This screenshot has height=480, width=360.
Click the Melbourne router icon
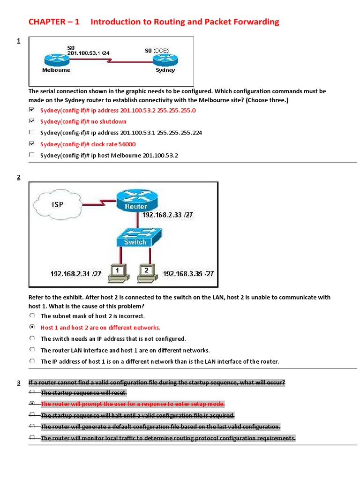point(56,60)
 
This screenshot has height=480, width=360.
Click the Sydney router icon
point(165,60)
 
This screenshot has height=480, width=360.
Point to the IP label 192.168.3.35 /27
point(188,274)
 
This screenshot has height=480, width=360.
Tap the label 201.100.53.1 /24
point(88,53)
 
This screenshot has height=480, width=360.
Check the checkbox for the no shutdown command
point(31,121)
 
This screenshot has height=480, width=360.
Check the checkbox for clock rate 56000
point(31,143)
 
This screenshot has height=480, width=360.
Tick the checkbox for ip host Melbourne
point(31,155)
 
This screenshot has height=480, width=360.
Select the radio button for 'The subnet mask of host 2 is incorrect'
point(31,315)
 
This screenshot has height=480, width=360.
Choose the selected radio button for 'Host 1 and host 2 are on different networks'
point(31,327)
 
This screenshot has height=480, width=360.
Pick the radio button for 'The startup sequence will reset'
point(31,392)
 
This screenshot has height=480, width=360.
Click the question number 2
point(19,177)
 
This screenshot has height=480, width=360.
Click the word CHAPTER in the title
point(47,22)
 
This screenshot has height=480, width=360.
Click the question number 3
point(19,383)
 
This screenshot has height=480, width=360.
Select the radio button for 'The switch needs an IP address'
point(31,338)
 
